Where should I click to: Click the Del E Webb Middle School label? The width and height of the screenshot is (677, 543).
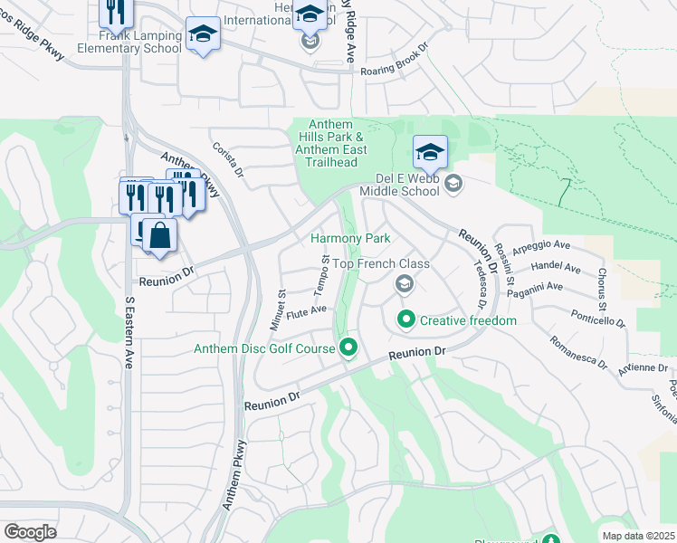[x=400, y=184]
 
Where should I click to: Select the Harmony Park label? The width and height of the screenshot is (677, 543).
[x=349, y=238]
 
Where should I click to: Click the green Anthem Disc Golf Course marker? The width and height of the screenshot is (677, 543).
[x=348, y=348]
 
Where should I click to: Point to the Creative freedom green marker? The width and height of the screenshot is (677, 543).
[x=406, y=319]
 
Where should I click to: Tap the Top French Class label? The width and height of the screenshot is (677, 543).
[x=380, y=263]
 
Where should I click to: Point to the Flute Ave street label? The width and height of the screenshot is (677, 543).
[x=306, y=312]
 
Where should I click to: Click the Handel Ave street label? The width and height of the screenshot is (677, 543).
[x=558, y=269]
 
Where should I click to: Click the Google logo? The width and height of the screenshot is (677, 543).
[x=30, y=532]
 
